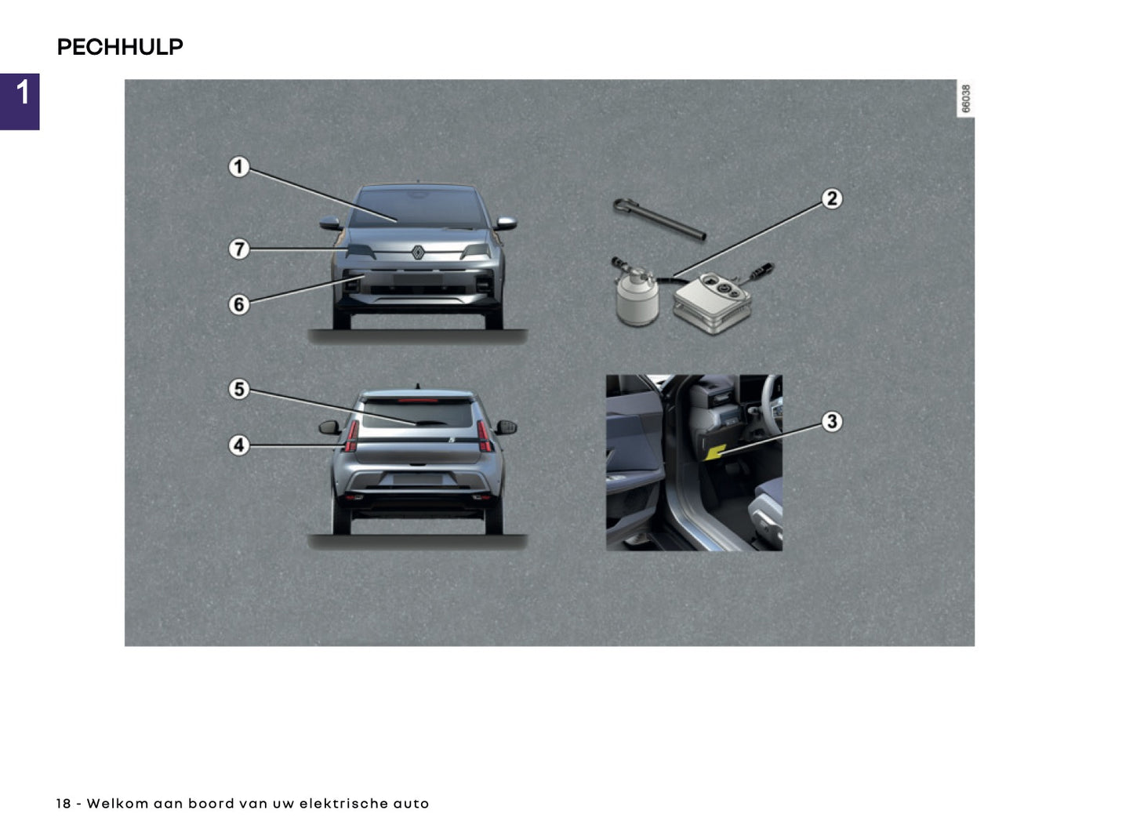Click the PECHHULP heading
[x=120, y=47]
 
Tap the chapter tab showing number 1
[x=20, y=101]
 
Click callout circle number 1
[x=239, y=167]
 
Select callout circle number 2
[x=831, y=199]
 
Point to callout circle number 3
[x=831, y=422]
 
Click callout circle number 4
[x=239, y=445]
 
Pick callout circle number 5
[x=239, y=390]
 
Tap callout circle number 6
[x=239, y=304]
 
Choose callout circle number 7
[x=239, y=249]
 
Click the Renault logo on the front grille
[x=418, y=252]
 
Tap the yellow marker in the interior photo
[x=715, y=452]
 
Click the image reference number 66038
[x=966, y=99]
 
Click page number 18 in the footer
[x=64, y=804]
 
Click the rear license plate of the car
[x=417, y=480]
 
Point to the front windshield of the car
[x=418, y=208]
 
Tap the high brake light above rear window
[x=418, y=400]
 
